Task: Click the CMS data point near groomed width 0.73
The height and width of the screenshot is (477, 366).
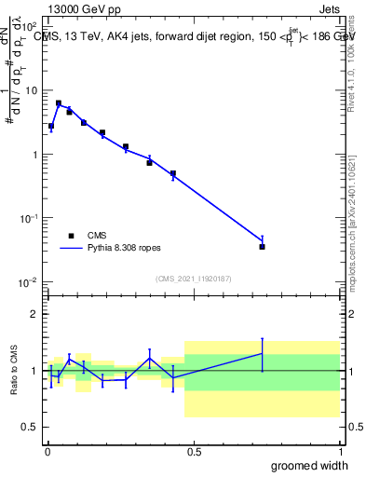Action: coord(263,247)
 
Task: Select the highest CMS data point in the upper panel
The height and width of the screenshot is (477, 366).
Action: coord(59,103)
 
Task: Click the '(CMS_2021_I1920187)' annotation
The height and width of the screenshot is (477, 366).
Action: coord(193,279)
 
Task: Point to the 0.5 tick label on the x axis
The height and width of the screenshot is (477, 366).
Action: coord(194,452)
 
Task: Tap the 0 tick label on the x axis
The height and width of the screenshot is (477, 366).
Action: coord(47,452)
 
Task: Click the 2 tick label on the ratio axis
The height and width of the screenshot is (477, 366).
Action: coord(34,314)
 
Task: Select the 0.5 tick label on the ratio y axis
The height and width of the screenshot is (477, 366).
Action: coord(30,427)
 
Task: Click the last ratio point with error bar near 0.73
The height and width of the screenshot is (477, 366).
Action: coord(263,354)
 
